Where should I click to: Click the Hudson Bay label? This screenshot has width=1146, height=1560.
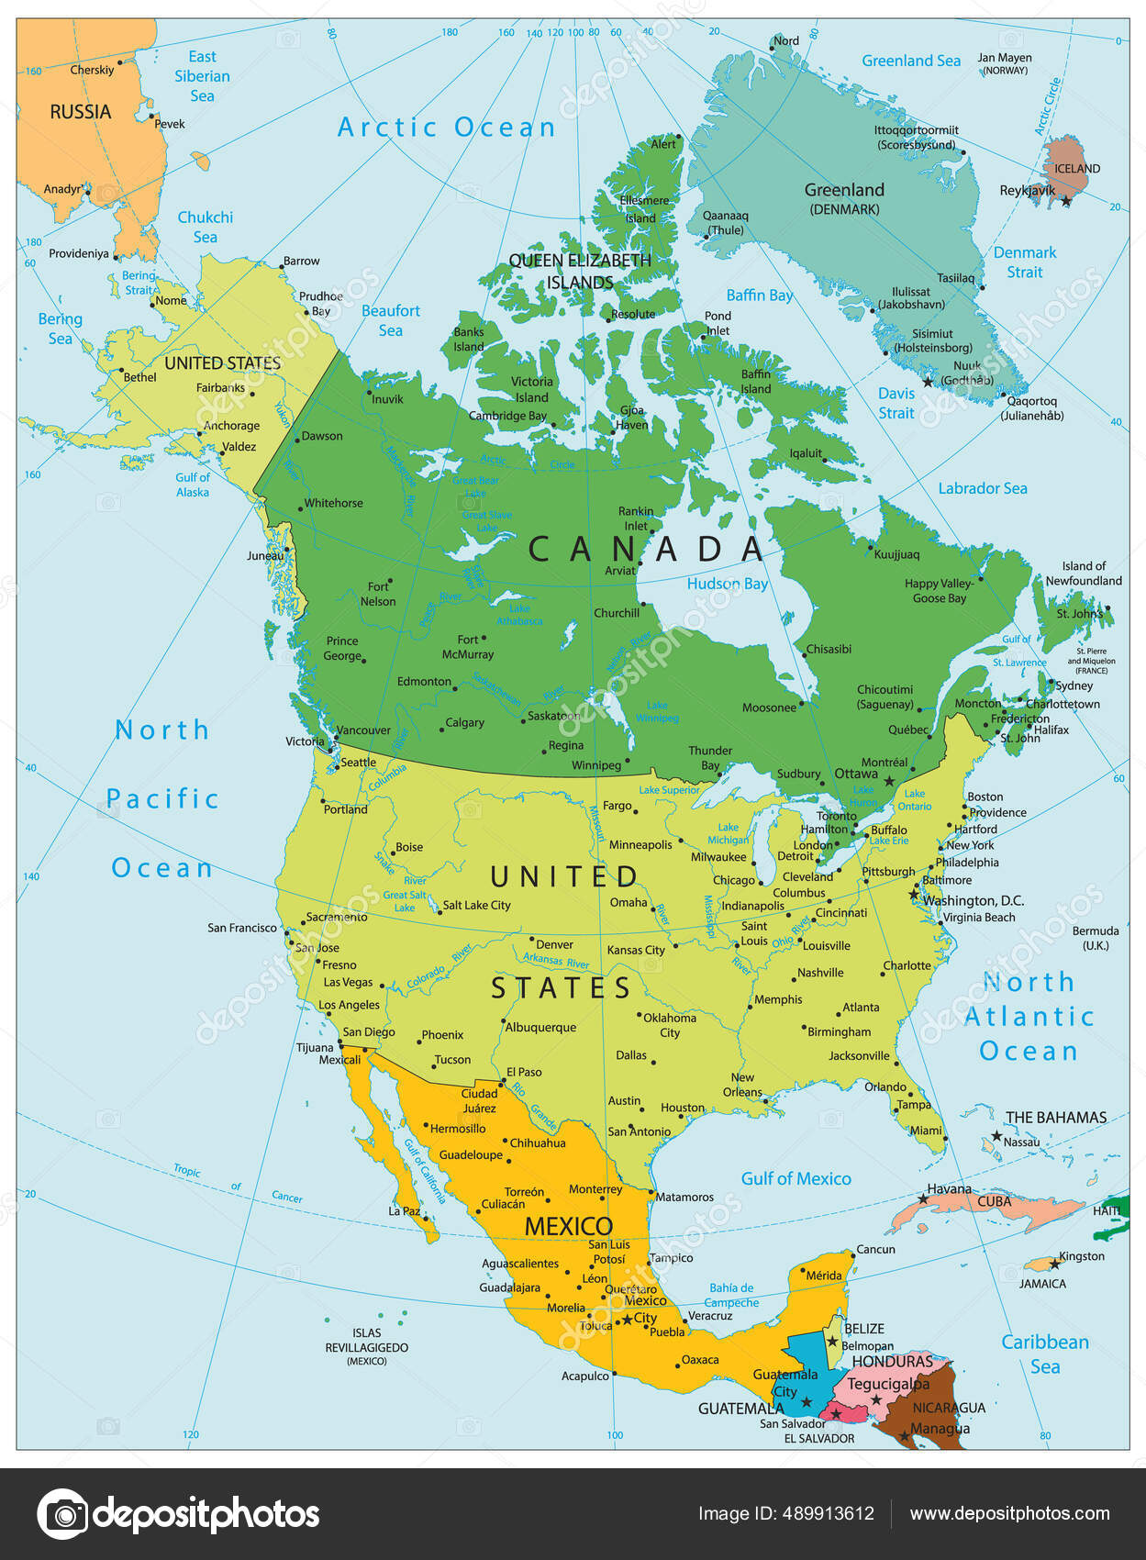727,584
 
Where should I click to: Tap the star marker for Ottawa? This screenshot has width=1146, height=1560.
888,780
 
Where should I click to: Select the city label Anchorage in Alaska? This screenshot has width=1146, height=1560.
231,426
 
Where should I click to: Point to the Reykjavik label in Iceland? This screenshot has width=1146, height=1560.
1026,191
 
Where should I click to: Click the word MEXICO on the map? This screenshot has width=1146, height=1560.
568,1226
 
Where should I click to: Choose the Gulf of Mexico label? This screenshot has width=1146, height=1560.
796,1178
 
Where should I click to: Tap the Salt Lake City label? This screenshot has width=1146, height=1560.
476,905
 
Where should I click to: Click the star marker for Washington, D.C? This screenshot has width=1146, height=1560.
913,894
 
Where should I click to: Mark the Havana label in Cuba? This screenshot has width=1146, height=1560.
949,1189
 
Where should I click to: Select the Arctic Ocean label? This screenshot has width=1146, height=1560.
446,128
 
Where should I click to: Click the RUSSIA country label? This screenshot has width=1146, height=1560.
80,112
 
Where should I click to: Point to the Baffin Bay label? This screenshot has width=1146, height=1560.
759,295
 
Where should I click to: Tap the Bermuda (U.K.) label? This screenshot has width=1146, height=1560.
1095,937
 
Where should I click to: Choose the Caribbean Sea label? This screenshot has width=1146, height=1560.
1044,1354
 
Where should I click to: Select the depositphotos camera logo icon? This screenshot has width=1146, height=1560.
62,1513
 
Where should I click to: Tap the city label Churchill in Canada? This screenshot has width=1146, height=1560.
616,613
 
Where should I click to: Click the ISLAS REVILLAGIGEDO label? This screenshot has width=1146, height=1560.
366,1346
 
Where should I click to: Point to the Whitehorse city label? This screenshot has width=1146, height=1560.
333,503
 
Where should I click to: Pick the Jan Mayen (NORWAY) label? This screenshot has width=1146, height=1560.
1004,63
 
